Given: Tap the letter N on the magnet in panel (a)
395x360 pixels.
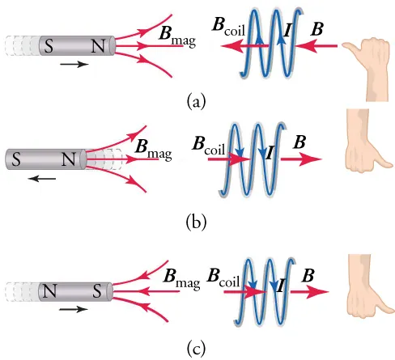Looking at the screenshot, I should click(99, 44).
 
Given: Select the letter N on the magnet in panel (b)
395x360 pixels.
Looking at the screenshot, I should click(67, 159).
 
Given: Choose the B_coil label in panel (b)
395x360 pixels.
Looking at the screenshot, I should click(209, 146).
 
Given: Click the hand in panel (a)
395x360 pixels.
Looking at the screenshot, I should click(368, 53).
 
